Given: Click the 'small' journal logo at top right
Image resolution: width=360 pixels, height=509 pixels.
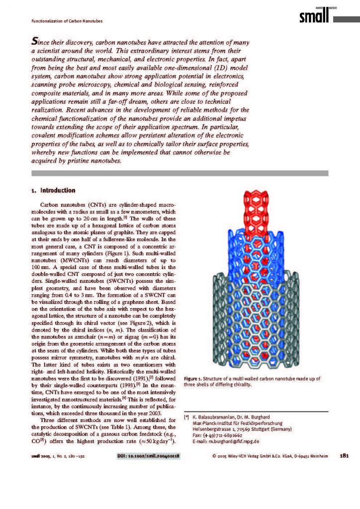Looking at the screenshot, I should pyautogui.click(x=314, y=17).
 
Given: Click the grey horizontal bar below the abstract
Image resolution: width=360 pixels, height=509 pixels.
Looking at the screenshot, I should pyautogui.click(x=180, y=173).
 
